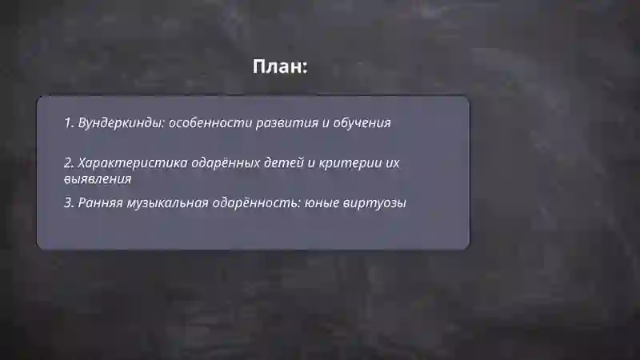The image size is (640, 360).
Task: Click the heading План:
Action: (x=280, y=66)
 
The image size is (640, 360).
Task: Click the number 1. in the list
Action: (x=70, y=123)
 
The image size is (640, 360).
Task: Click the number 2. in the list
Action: (x=70, y=162)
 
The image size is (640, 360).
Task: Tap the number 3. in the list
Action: (x=70, y=203)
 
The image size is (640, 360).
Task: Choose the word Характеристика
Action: (x=133, y=162)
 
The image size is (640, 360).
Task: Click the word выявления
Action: (x=98, y=179)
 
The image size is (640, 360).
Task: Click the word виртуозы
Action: (x=375, y=203)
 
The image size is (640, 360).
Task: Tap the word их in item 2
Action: (x=392, y=162)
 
